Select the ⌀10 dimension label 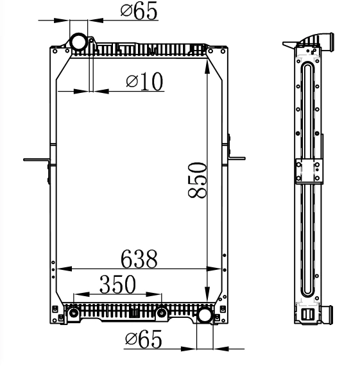pos(144,81)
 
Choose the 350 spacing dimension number pos(117,285)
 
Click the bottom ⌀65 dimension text pos(143,339)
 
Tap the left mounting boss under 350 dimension pos(74,313)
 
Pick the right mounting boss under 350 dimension pos(162,313)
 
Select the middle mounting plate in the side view pos(307,172)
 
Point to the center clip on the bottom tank pos(135,313)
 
